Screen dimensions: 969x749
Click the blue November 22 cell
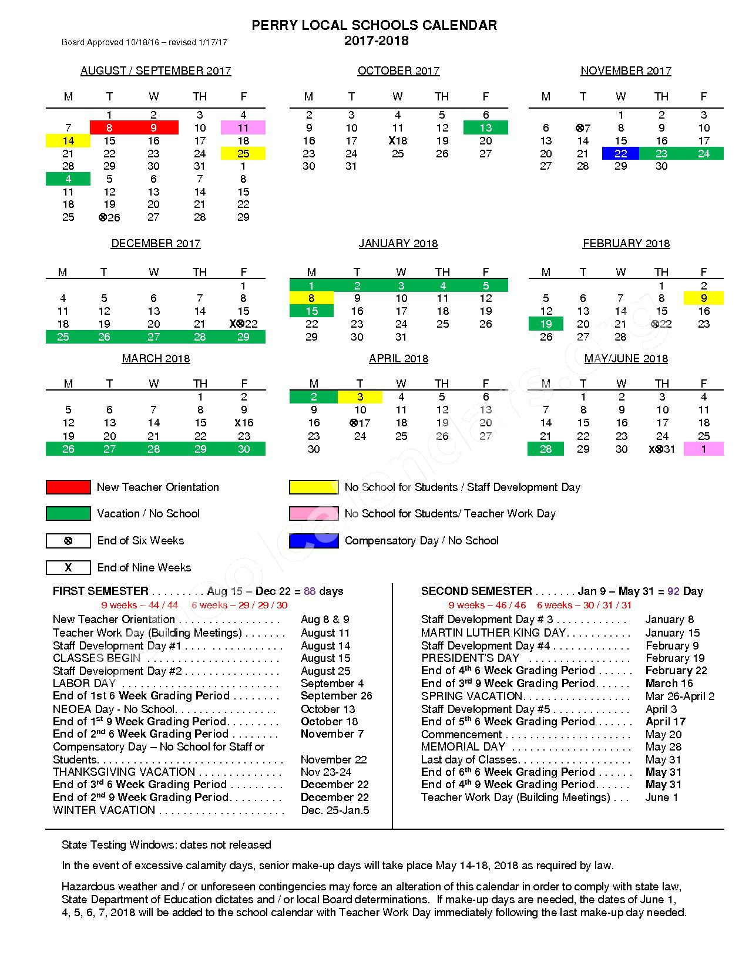(x=620, y=154)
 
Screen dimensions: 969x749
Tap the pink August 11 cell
(x=243, y=127)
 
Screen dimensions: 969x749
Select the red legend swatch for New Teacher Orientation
(x=68, y=487)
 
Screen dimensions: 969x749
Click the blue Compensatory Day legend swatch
(x=314, y=540)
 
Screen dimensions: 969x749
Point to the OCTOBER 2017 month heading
(x=398, y=71)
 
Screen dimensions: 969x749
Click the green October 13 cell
(x=485, y=127)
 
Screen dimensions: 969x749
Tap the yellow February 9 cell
(x=703, y=298)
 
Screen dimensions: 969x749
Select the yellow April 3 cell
(x=360, y=397)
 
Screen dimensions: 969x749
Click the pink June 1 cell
(x=703, y=449)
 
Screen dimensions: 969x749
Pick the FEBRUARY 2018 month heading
(x=626, y=244)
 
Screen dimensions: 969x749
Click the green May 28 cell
(x=546, y=449)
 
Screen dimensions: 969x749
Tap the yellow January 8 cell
(x=311, y=298)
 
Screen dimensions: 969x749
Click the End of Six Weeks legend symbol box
(x=68, y=540)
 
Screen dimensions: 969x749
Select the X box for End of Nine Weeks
(x=68, y=567)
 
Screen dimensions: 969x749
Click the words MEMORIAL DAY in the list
(x=463, y=747)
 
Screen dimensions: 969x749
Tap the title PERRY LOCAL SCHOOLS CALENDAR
(x=374, y=25)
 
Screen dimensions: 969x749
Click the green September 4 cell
(x=68, y=179)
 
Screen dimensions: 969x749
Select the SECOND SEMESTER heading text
(x=476, y=591)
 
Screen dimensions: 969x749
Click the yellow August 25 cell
(x=243, y=154)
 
